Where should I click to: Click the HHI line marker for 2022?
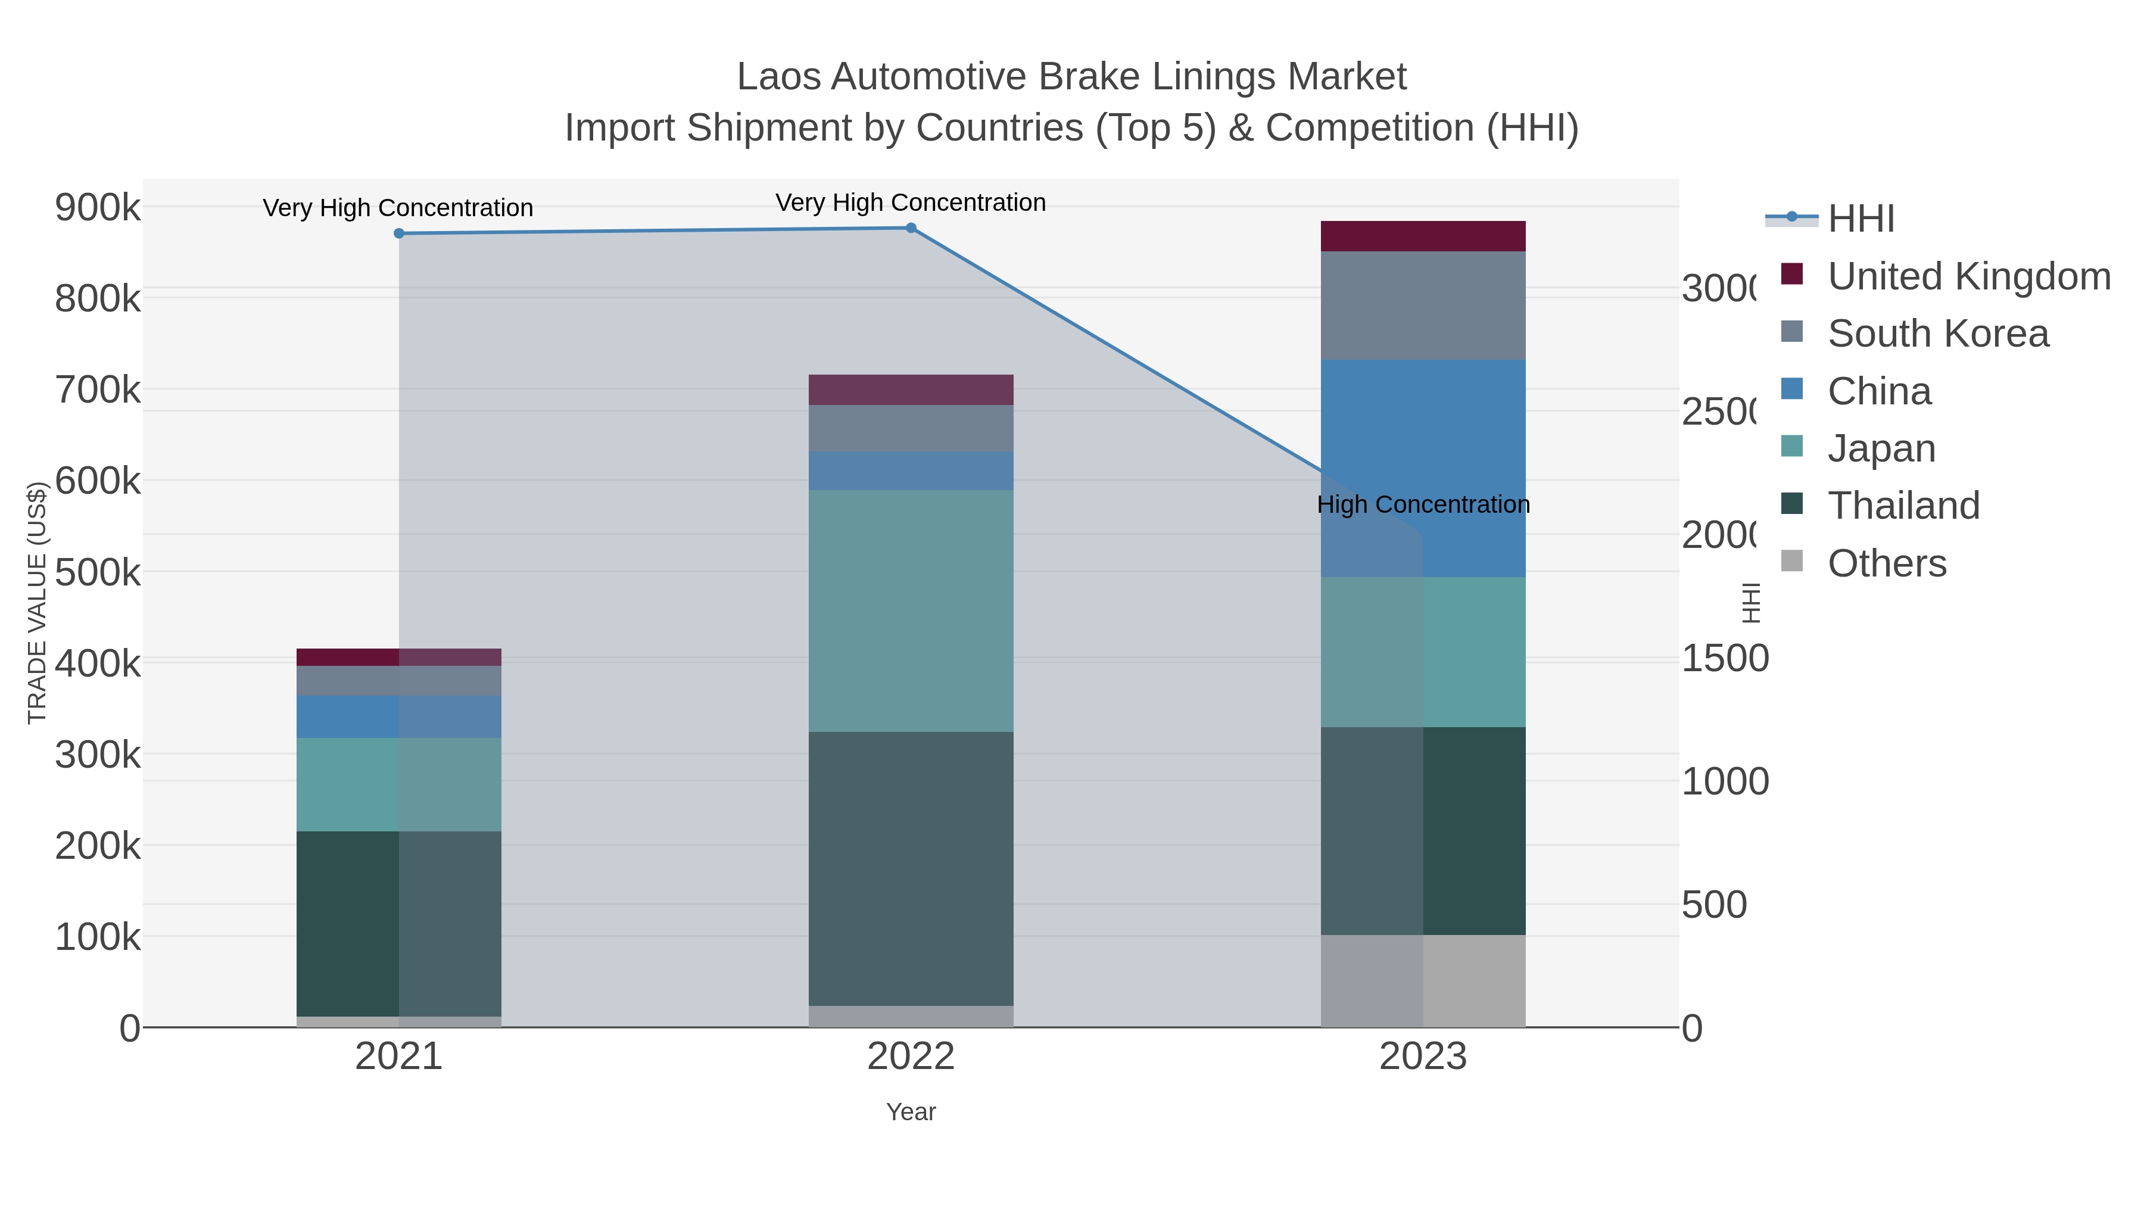(911, 228)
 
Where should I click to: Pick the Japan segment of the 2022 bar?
(911, 611)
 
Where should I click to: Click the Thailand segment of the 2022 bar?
(911, 869)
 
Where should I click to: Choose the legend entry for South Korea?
(1937, 334)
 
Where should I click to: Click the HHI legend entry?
(1861, 219)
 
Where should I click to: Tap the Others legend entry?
(1886, 563)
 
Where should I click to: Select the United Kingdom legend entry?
(1968, 276)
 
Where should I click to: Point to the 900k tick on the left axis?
(98, 207)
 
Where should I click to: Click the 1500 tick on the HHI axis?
(1725, 658)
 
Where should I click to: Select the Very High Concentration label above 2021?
(398, 208)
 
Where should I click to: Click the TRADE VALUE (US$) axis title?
(38, 603)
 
